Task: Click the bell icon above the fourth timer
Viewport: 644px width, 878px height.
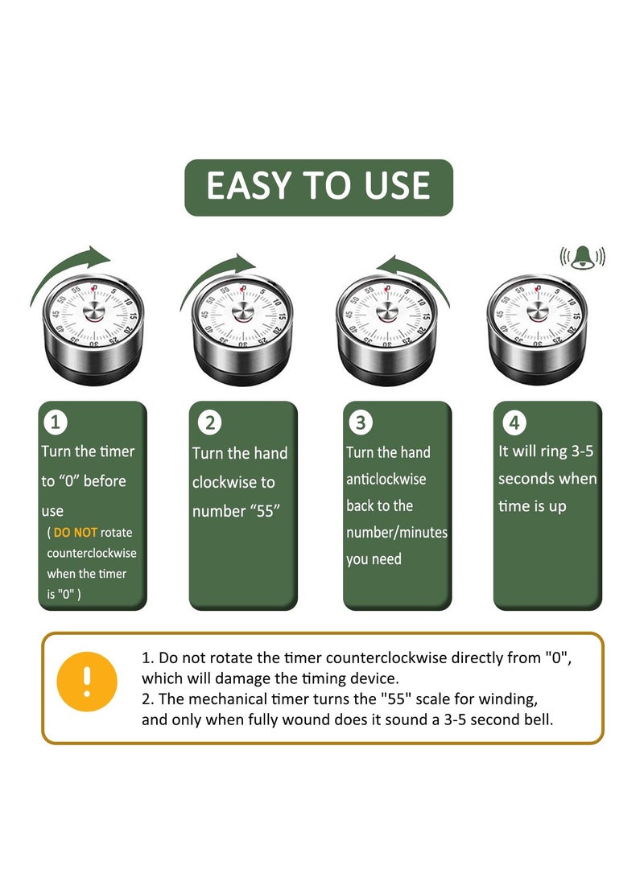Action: click(x=582, y=258)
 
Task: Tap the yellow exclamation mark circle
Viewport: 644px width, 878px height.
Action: click(x=87, y=682)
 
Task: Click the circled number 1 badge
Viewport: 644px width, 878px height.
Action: click(x=56, y=423)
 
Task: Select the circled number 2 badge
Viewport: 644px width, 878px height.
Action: click(x=209, y=423)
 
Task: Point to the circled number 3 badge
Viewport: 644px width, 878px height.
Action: click(x=361, y=423)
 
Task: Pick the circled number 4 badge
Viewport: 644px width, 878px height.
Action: click(x=514, y=423)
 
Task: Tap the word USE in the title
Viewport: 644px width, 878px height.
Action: click(x=397, y=186)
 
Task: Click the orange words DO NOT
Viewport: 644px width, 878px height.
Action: click(x=75, y=532)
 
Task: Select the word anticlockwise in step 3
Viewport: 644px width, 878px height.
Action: click(x=386, y=479)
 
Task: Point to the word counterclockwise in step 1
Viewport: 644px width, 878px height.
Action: click(x=92, y=553)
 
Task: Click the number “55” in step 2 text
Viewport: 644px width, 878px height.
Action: click(x=265, y=511)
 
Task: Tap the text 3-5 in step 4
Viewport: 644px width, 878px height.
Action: click(x=582, y=451)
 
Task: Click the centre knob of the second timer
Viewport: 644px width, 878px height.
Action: click(x=242, y=312)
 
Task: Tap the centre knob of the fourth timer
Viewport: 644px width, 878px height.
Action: click(x=538, y=312)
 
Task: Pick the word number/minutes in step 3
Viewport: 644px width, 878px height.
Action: click(x=397, y=532)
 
